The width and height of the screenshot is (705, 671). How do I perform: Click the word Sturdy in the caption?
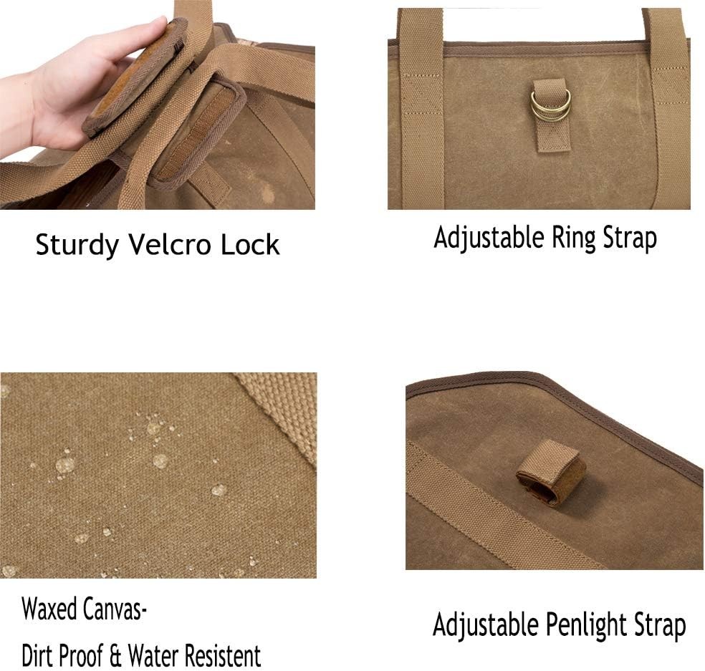[x=77, y=245]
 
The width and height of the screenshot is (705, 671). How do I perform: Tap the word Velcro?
[x=169, y=244]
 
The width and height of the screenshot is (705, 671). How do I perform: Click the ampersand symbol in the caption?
[x=116, y=656]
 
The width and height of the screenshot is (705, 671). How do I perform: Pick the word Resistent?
[x=223, y=655]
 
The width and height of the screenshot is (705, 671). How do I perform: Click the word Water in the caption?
[x=154, y=655]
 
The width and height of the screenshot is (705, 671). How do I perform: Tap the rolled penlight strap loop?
[x=551, y=473]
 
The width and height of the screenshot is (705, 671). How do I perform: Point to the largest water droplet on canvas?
[x=65, y=465]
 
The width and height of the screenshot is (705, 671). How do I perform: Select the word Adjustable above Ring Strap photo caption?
[x=489, y=238]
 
